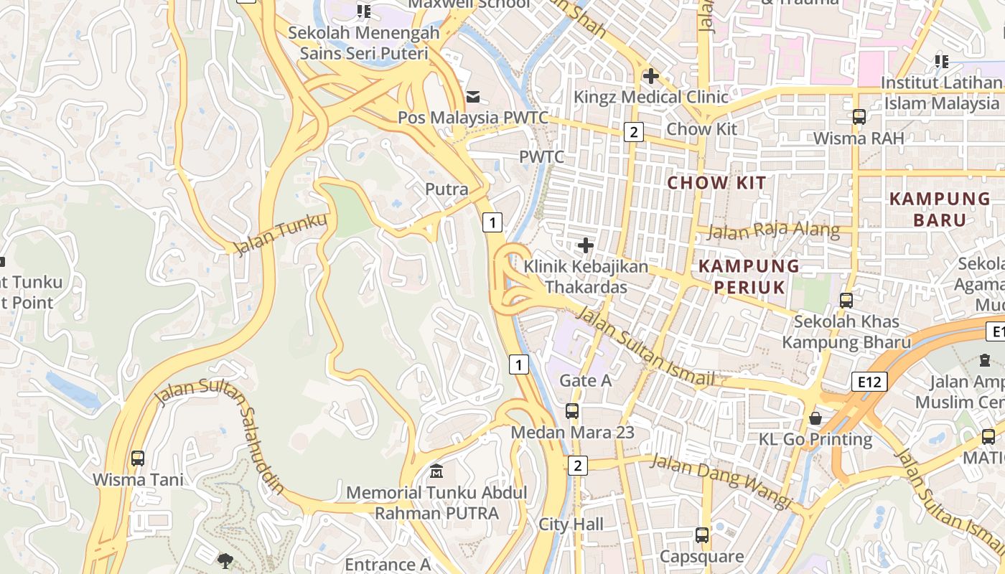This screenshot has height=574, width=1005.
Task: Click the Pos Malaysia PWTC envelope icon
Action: (472, 96)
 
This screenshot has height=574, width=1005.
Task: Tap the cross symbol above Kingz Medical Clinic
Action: (651, 75)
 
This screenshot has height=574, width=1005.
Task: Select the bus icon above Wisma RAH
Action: (859, 117)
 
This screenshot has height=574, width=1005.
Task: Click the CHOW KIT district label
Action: (716, 183)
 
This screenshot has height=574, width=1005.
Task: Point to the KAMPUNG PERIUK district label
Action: (749, 276)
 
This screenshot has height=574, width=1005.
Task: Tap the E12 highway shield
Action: (869, 382)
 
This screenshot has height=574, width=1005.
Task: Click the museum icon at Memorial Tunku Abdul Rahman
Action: (436, 471)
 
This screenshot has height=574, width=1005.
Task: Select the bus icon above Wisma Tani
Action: (138, 458)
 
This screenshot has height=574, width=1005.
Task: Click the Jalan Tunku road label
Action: (281, 234)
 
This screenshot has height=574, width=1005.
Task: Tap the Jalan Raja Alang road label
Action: (773, 230)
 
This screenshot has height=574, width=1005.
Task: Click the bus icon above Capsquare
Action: (701, 535)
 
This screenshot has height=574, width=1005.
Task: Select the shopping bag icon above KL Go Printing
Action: (815, 418)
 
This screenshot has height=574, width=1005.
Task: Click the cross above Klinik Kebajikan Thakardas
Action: (586, 246)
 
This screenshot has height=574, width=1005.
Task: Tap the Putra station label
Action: (447, 190)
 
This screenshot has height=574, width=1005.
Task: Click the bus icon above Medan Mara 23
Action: (572, 411)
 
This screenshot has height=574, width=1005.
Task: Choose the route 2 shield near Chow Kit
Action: (633, 132)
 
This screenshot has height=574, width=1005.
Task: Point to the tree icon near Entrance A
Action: (225, 560)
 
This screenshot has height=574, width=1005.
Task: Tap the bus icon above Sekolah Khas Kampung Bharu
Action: (846, 301)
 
